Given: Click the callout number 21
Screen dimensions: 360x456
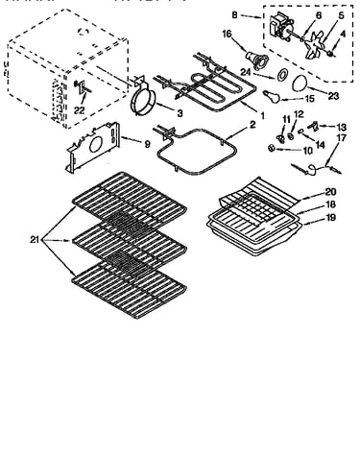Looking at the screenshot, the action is (35, 239).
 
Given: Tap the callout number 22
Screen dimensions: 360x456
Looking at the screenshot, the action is (80, 110).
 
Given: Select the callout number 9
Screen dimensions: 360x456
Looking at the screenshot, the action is (147, 144).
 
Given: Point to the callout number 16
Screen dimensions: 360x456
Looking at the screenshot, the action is (227, 34).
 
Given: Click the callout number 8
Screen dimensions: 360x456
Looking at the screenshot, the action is (235, 14).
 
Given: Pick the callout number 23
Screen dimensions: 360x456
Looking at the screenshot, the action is (333, 96).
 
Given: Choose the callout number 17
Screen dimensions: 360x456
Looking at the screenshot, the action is (342, 138).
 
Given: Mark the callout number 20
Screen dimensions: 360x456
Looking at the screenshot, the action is (330, 191).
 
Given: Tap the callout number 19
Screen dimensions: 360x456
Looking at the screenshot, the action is (330, 217).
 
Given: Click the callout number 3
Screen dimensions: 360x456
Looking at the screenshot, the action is (180, 113).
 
